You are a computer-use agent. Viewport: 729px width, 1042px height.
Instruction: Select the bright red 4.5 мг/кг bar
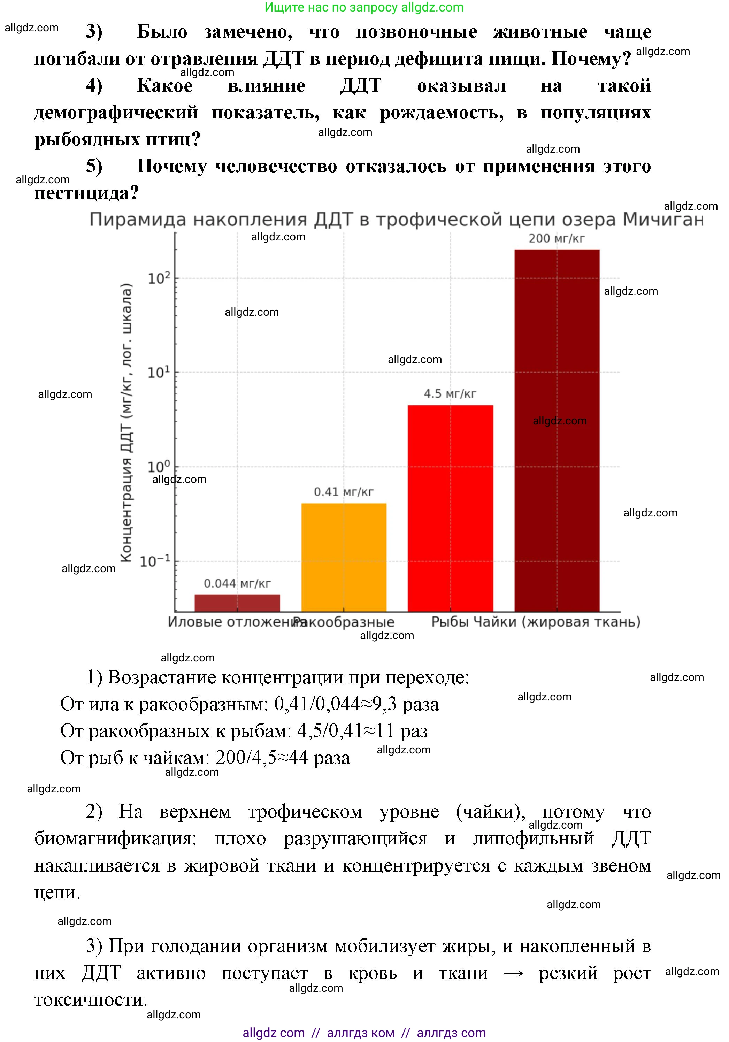tap(450, 508)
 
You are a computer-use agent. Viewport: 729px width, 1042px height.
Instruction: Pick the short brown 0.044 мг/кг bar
tap(237, 603)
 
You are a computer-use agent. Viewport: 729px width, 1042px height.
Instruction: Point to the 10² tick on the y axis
tap(159, 278)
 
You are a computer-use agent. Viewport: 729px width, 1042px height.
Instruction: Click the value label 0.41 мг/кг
tap(344, 492)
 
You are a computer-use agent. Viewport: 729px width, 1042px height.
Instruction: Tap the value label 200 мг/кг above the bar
tap(557, 239)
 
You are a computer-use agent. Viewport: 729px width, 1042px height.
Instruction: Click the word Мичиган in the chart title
tap(663, 220)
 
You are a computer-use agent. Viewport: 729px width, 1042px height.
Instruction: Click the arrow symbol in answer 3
tap(513, 973)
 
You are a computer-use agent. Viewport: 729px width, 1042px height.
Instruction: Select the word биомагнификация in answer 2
tap(115, 838)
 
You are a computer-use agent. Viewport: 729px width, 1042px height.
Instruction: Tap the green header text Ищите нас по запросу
tap(331, 7)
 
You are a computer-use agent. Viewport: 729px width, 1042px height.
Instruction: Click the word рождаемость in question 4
tap(441, 113)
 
